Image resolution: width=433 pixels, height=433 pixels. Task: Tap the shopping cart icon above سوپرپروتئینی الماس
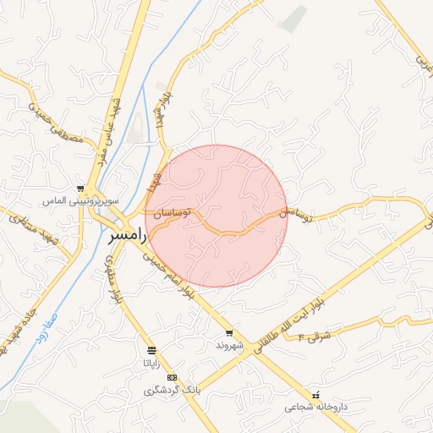[x=80, y=189]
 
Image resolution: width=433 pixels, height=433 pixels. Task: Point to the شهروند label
[x=228, y=346]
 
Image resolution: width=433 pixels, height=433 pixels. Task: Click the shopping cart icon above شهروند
[x=228, y=333]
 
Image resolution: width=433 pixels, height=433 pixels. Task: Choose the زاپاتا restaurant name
[x=151, y=363]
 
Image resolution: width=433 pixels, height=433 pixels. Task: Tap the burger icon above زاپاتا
[x=151, y=350]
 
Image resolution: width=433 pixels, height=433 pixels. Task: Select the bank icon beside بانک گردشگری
[x=173, y=377]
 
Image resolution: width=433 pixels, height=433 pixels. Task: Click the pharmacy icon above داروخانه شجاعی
[x=316, y=395]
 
